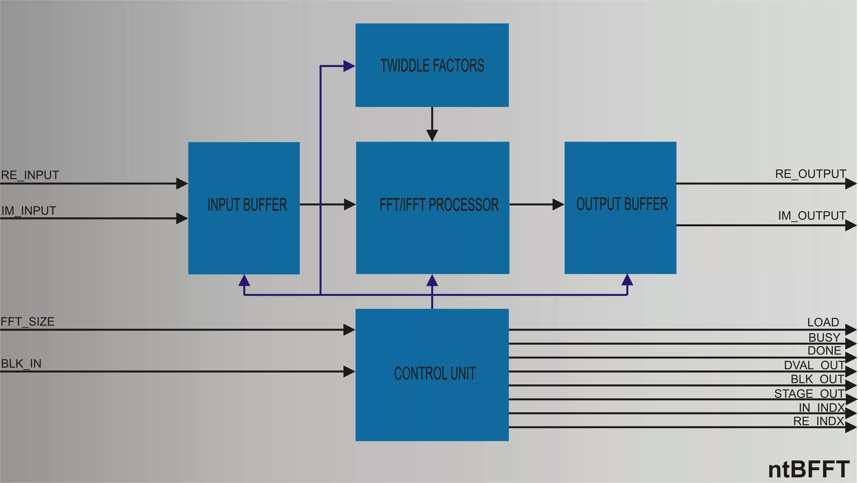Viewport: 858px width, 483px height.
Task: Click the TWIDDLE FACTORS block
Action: [432, 65]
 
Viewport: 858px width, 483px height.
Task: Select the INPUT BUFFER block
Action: [244, 208]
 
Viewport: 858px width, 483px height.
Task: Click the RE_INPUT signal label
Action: [30, 175]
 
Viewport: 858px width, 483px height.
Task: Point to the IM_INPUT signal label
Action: [29, 211]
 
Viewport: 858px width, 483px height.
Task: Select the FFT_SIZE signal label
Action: [27, 322]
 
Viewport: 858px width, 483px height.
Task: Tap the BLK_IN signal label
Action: [21, 364]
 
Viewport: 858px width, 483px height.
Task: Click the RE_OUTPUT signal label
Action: [810, 174]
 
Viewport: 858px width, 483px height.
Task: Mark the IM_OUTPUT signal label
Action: [812, 216]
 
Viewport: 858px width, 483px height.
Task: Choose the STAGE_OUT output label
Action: [809, 394]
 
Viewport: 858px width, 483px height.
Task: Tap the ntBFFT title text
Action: [808, 469]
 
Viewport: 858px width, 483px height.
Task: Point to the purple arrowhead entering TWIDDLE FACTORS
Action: [349, 66]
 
